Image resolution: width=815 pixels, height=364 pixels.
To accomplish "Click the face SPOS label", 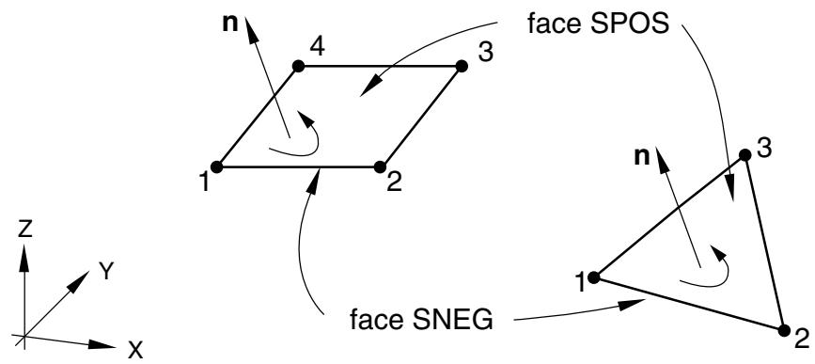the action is pyautogui.click(x=598, y=24).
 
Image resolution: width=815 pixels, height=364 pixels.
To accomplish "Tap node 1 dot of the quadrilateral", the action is pyautogui.click(x=217, y=166).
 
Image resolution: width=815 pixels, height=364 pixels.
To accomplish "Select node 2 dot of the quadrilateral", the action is pyautogui.click(x=380, y=166).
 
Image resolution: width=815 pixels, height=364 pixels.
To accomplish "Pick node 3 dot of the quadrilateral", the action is pyautogui.click(x=461, y=66).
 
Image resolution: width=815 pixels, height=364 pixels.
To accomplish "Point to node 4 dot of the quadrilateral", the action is pyautogui.click(x=298, y=66).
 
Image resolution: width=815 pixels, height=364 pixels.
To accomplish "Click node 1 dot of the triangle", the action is pyautogui.click(x=594, y=277).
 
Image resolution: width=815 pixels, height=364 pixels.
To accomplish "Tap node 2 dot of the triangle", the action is pyautogui.click(x=784, y=330).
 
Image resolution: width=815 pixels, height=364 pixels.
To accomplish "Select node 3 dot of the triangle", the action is pyautogui.click(x=744, y=154).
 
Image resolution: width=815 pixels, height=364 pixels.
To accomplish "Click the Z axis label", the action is pyautogui.click(x=25, y=229).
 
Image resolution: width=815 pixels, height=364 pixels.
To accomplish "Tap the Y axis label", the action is pyautogui.click(x=105, y=271).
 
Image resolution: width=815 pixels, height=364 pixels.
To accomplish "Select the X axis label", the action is pyautogui.click(x=135, y=351).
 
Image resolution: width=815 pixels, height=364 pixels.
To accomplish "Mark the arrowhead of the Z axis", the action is pyautogui.click(x=24, y=258).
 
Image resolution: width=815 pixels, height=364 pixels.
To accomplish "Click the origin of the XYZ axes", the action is pyautogui.click(x=24, y=336).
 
